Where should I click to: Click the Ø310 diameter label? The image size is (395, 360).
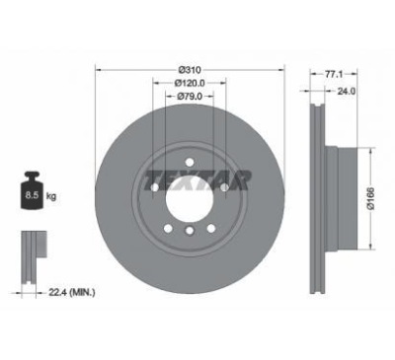click(190, 70)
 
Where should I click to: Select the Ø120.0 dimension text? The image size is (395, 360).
click(190, 83)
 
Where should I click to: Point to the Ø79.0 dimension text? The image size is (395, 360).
click(190, 96)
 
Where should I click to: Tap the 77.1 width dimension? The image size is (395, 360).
click(334, 75)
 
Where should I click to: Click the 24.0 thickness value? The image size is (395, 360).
click(347, 92)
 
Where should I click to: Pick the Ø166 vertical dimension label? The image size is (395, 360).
click(371, 198)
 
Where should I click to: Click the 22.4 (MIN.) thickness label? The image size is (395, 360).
click(72, 292)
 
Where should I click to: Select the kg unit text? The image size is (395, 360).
click(51, 196)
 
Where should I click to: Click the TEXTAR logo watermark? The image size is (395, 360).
click(197, 180)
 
